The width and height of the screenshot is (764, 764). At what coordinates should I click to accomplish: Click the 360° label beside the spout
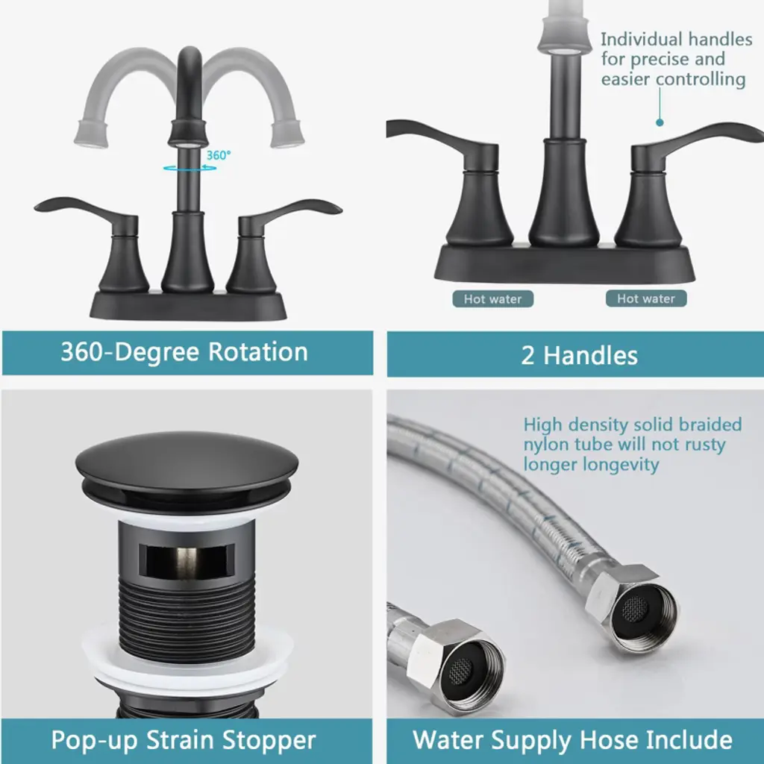[219, 155]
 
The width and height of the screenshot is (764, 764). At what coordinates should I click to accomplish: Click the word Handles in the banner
[590, 355]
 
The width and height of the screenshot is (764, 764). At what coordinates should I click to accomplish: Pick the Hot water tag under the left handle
[492, 298]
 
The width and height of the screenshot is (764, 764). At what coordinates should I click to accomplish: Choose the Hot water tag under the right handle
[646, 298]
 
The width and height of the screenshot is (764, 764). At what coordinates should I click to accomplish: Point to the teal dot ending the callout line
[660, 122]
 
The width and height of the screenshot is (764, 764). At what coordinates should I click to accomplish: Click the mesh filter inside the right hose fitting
[636, 609]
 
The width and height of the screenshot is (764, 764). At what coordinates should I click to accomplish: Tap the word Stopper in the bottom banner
[269, 741]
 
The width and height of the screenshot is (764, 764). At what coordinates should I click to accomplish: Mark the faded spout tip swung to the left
[92, 134]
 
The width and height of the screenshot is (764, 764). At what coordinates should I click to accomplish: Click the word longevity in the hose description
[621, 465]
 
